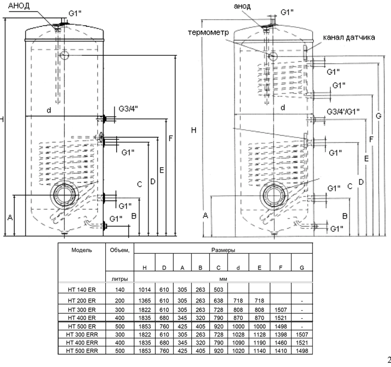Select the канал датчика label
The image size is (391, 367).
349,37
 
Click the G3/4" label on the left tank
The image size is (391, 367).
130,109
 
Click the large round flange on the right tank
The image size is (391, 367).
274,196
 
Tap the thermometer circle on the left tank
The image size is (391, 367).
64,55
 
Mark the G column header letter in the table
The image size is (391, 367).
301,268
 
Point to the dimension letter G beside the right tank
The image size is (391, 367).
379,116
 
